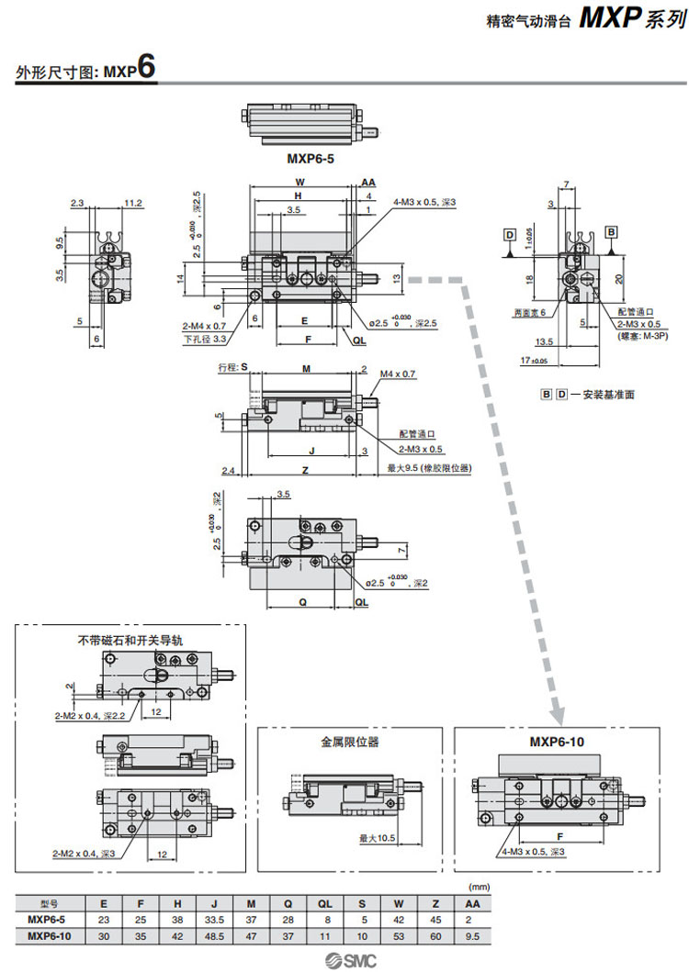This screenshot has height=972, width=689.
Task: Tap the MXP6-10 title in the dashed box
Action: coord(556,742)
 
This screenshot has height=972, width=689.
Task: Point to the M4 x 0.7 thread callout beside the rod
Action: coord(398,374)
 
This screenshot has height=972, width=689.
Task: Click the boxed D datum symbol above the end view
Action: coord(509,235)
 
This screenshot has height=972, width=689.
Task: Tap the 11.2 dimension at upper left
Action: coord(132,203)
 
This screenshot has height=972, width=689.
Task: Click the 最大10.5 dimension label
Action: coord(377,837)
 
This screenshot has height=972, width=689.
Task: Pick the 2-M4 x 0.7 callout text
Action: coord(204,326)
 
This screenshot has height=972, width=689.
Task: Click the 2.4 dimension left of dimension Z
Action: coord(229,470)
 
